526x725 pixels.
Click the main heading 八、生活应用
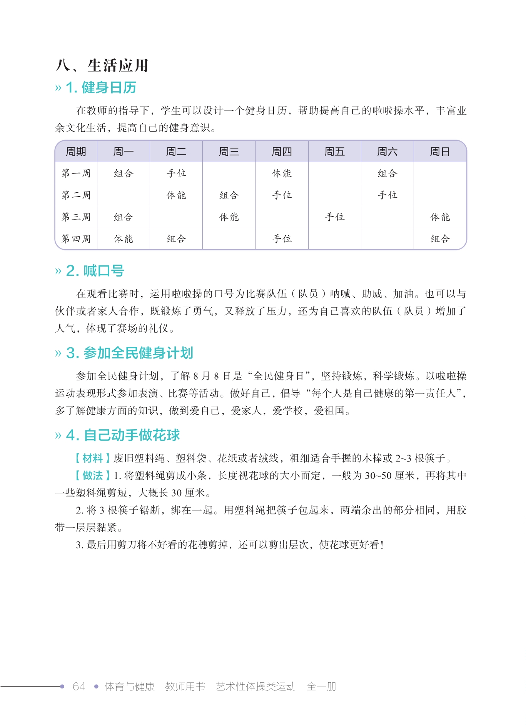tap(102, 65)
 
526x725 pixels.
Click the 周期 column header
tap(76, 152)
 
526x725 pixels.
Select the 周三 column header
tap(229, 152)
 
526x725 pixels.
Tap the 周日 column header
tap(440, 152)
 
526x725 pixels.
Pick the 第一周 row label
tap(76, 173)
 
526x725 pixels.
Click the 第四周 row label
tap(76, 239)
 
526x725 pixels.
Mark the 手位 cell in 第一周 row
tap(176, 173)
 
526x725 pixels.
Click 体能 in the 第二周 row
tap(176, 195)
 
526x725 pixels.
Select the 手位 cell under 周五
tap(335, 217)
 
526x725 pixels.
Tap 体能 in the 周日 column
tap(440, 217)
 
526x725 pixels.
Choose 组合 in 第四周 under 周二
tap(176, 239)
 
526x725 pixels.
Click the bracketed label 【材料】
tap(92, 458)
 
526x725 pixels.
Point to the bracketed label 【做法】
tap(92, 476)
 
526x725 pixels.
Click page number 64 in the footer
tap(79, 687)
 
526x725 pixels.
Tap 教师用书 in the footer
tap(185, 687)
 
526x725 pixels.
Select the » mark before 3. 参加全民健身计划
tap(58, 353)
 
